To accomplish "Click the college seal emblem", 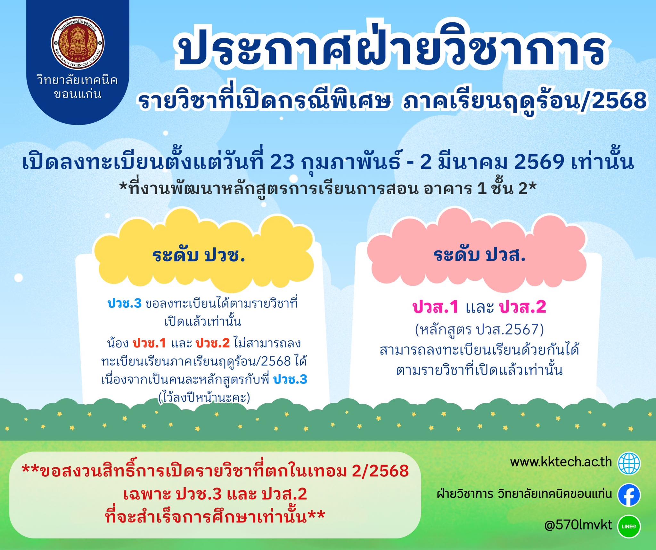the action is pyautogui.click(x=78, y=44).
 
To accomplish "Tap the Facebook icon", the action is pyautogui.click(x=629, y=495).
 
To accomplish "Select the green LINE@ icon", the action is pyautogui.click(x=629, y=526).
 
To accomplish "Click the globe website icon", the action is pyautogui.click(x=629, y=463).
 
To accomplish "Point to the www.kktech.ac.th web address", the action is pyautogui.click(x=561, y=462).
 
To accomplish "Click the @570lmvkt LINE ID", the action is pyautogui.click(x=578, y=525).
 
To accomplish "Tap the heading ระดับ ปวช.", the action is pyautogui.click(x=199, y=256).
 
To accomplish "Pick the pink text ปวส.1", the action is pyautogui.click(x=436, y=307).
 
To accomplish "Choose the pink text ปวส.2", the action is pyautogui.click(x=522, y=307).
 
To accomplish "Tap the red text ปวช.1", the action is pyautogui.click(x=150, y=343).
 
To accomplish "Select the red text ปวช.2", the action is pyautogui.click(x=213, y=343).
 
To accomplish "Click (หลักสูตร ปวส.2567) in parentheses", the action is pyautogui.click(x=480, y=330).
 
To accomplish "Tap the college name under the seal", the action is pyautogui.click(x=78, y=87).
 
